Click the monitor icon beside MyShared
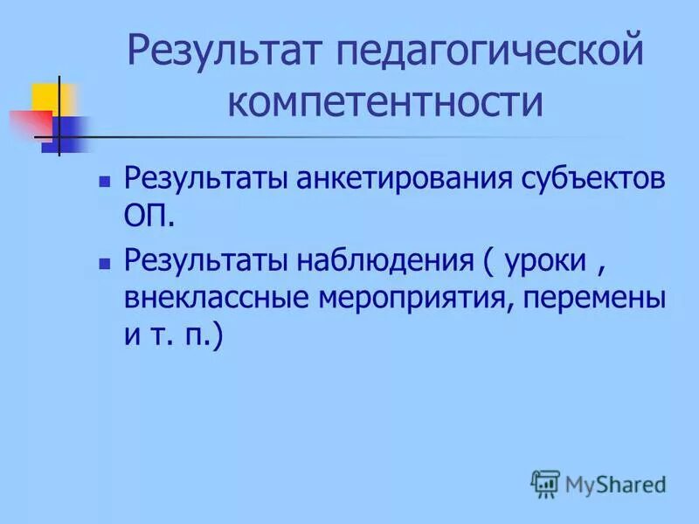(x=545, y=482)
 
